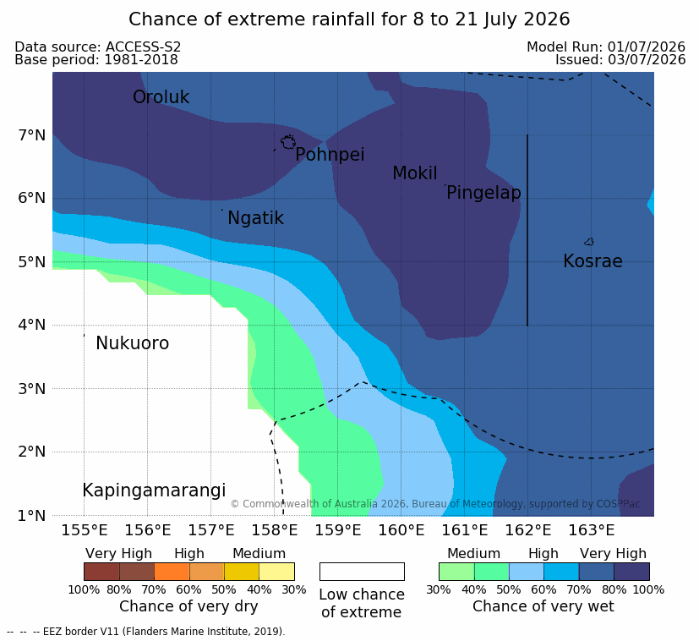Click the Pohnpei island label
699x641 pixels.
click(330, 155)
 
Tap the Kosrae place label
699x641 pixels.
click(593, 261)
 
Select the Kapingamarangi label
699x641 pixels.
click(154, 490)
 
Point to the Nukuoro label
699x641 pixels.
click(133, 343)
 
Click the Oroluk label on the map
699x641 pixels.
click(161, 97)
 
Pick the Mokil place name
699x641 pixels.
click(415, 173)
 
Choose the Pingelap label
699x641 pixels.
click(483, 193)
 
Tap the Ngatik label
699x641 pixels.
click(255, 218)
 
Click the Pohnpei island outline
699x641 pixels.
click(288, 142)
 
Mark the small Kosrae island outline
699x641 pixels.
click(589, 242)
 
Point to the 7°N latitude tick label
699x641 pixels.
click(32, 135)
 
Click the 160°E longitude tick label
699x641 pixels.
click(401, 530)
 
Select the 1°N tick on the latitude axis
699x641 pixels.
click(32, 516)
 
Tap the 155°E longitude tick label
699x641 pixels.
click(85, 530)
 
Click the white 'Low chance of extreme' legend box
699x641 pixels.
click(362, 572)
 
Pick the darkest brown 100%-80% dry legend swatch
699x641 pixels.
click(101, 572)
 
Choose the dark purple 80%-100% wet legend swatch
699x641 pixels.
click(631, 572)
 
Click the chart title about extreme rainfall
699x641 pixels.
click(349, 19)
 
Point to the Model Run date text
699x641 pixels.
click(606, 47)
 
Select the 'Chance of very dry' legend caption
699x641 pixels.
click(188, 606)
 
